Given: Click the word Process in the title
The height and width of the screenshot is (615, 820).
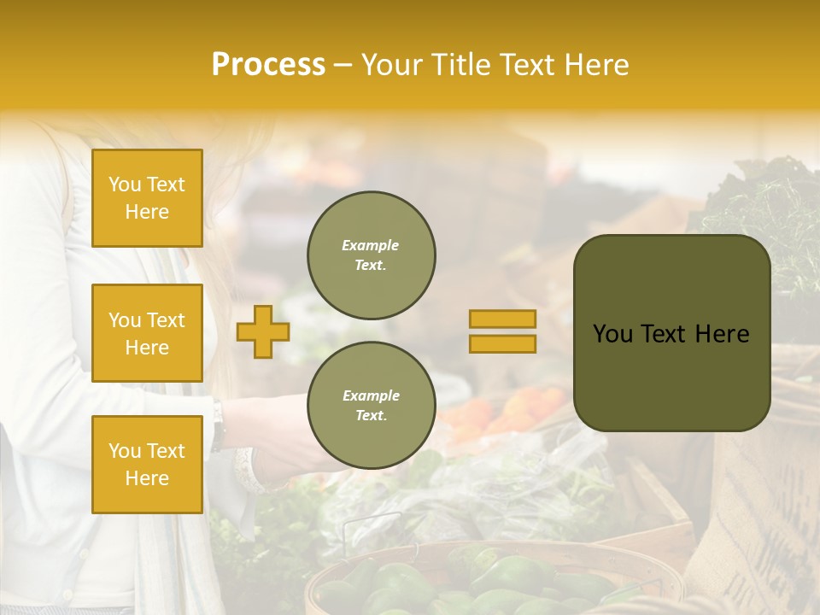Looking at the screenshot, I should pos(268,65).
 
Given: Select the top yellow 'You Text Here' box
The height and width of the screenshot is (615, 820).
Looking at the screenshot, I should pos(147,198).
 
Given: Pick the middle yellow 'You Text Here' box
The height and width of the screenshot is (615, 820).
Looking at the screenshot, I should pos(147,333).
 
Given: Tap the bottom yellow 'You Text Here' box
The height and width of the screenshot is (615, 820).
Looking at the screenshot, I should pos(147,464).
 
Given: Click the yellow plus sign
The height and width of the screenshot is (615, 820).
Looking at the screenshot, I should pos(262,331).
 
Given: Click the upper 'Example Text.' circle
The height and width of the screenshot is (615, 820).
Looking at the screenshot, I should pos(371,255).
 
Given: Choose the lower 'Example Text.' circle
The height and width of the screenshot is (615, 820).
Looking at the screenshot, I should pos(371,406).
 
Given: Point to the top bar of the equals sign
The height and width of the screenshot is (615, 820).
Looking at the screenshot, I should pos(502,319).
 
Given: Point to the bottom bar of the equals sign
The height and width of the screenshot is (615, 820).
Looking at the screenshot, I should pos(502,343).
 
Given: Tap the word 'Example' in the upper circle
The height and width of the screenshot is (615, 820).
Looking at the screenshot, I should pos(371,245).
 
